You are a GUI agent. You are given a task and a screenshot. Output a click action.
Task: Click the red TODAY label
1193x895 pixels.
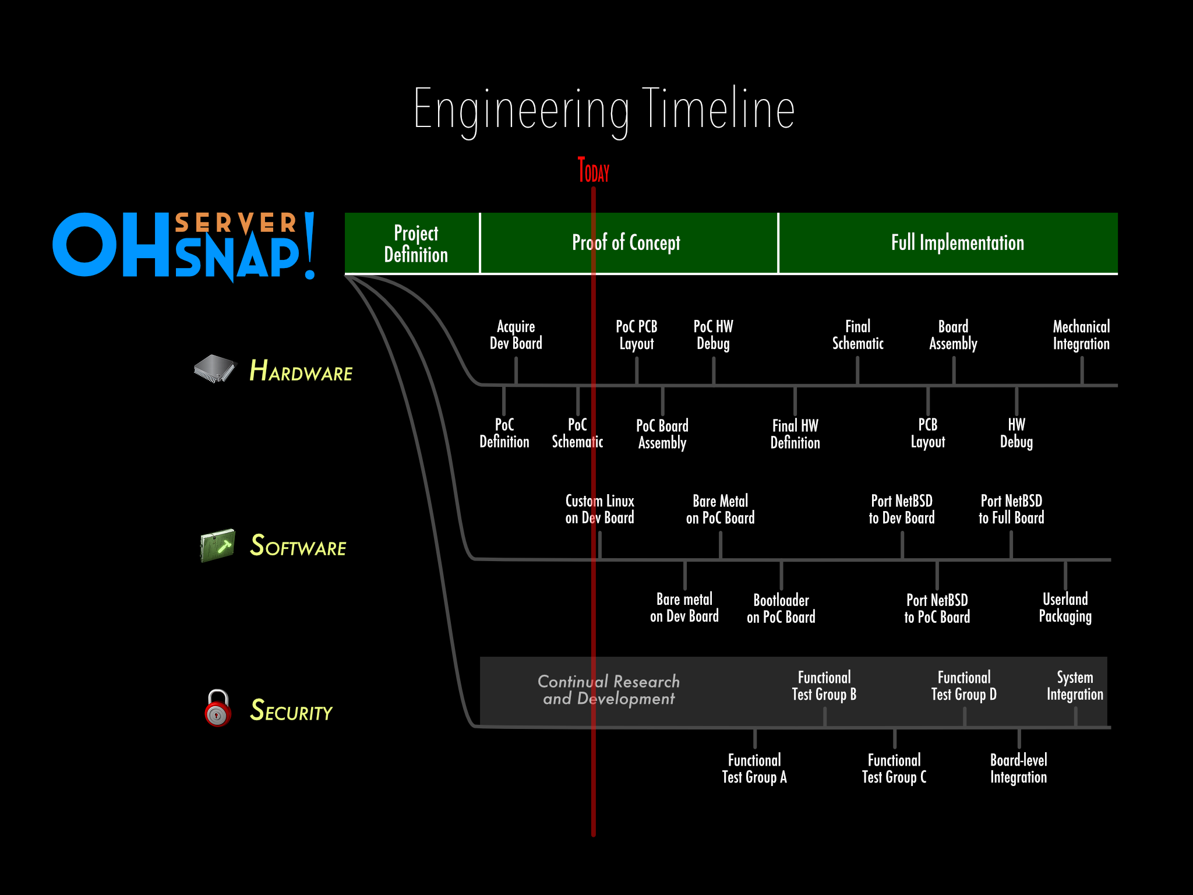coord(593,170)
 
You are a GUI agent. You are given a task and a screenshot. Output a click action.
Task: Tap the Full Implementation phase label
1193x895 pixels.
coord(957,242)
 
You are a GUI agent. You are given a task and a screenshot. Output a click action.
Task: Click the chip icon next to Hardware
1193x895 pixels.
coord(214,368)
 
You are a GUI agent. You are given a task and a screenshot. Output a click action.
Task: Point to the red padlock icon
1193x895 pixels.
coord(218,708)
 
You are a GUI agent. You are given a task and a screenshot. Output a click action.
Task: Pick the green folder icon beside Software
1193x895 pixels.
coord(217,545)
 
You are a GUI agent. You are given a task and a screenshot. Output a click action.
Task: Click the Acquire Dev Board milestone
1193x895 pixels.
coord(516,335)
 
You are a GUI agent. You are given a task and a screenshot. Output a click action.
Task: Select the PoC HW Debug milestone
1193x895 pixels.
coord(713,335)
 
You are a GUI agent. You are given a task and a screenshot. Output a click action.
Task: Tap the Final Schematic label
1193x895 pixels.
coord(857,335)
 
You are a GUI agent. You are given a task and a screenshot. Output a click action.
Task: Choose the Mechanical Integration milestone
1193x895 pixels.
coord(1081,335)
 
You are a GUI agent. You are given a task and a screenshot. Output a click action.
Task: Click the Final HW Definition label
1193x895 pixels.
coord(795,434)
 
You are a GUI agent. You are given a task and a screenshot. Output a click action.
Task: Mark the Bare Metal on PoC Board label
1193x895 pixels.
coord(720,509)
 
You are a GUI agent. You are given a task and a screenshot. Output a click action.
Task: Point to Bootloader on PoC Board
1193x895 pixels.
coord(781,608)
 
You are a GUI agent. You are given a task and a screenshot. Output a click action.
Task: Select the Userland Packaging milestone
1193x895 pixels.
coord(1065,608)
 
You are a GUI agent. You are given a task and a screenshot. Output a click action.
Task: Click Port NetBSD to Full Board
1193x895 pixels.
coord(1011,509)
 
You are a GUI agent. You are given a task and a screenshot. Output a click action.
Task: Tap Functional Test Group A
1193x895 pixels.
coord(754,769)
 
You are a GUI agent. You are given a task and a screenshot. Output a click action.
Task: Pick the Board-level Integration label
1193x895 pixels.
coord(1018,769)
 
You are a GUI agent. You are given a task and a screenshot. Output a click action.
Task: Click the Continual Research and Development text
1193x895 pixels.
coord(609,690)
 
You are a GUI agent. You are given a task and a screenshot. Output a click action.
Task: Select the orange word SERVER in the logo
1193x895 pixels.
coord(236,223)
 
